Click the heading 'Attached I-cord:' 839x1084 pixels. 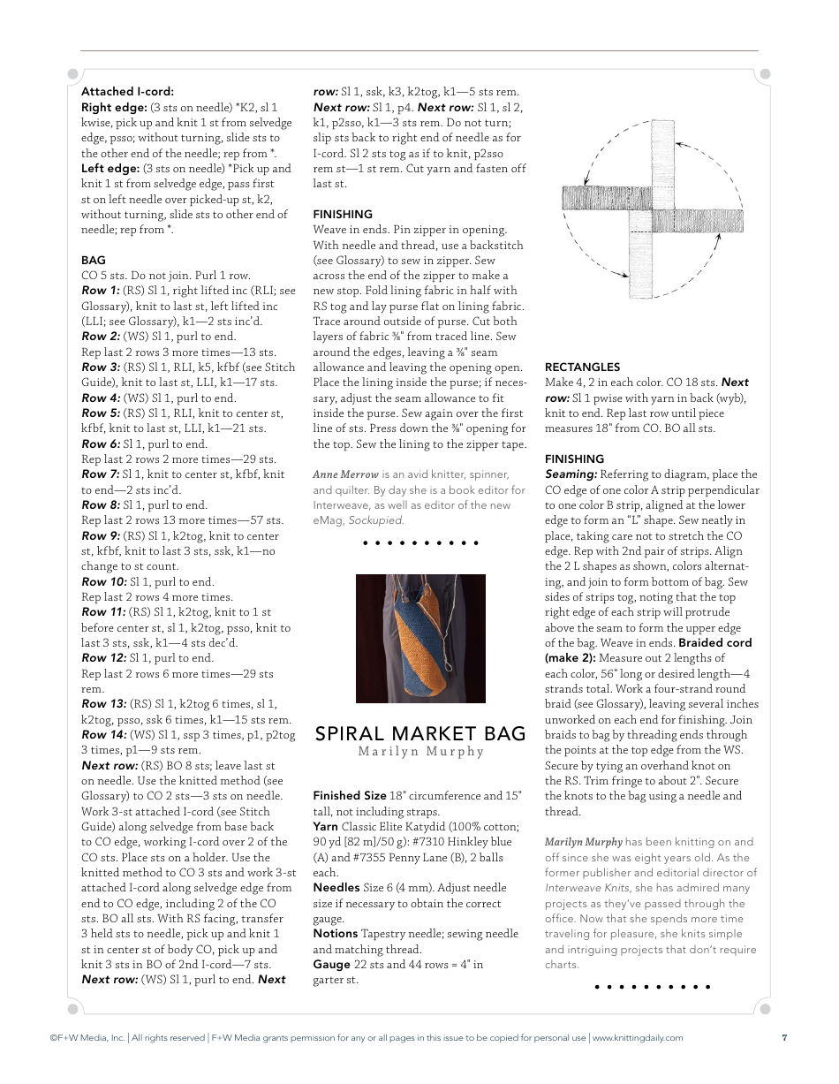pos(127,91)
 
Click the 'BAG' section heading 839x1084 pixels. pos(93,260)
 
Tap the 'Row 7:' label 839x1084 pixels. pos(101,474)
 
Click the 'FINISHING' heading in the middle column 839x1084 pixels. pos(343,214)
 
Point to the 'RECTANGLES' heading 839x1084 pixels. pos(582,367)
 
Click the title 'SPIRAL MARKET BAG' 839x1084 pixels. pos(420,733)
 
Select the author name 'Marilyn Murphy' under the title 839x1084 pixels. pos(420,752)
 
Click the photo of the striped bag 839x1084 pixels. pos(420,638)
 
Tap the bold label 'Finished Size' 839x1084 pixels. pos(350,796)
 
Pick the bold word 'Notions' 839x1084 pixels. pos(335,934)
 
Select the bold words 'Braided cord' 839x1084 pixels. pos(714,643)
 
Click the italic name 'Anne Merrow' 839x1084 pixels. pos(345,474)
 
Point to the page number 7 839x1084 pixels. pos(784,1038)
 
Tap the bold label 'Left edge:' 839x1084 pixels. pos(110,168)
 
